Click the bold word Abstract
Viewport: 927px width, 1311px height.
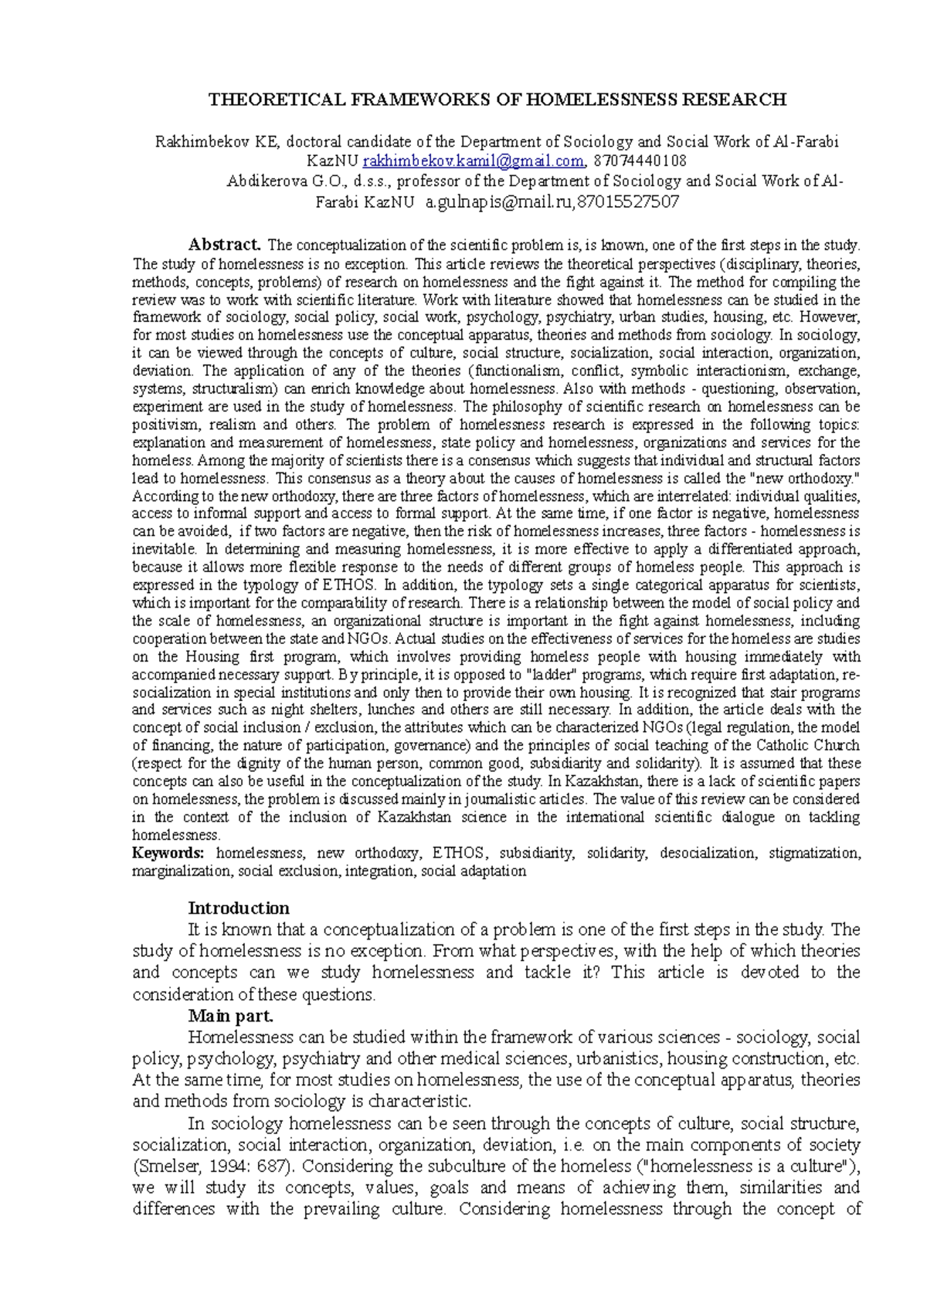225,246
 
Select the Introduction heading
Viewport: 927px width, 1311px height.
239,908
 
